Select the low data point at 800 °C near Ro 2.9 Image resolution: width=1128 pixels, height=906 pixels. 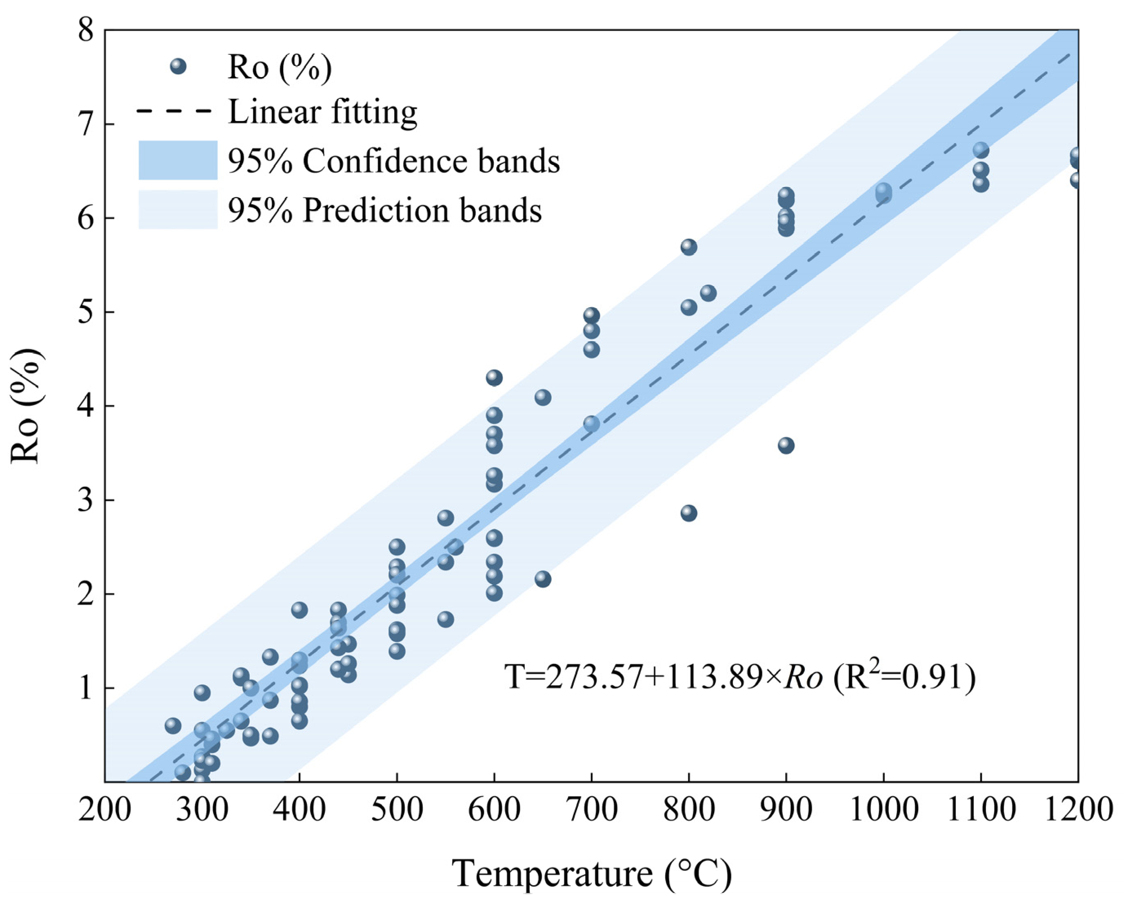point(688,513)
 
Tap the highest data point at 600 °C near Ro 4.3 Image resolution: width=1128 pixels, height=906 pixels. point(494,377)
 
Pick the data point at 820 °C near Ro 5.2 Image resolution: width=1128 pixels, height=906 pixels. point(708,293)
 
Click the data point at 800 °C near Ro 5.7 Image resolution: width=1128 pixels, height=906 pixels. point(688,247)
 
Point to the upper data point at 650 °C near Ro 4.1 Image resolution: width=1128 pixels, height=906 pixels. point(542,397)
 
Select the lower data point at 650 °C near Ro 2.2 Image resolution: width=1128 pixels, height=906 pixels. point(542,579)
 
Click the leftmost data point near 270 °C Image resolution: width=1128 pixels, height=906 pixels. point(173,726)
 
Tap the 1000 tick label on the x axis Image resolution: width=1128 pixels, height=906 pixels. point(883,810)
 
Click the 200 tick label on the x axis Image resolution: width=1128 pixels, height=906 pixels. point(104,810)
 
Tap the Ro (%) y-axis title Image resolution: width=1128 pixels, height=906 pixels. point(26,405)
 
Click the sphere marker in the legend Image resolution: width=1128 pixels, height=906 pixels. point(178,67)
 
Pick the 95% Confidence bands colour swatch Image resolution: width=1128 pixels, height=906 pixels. point(178,160)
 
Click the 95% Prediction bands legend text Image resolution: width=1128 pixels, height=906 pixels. point(384,210)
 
